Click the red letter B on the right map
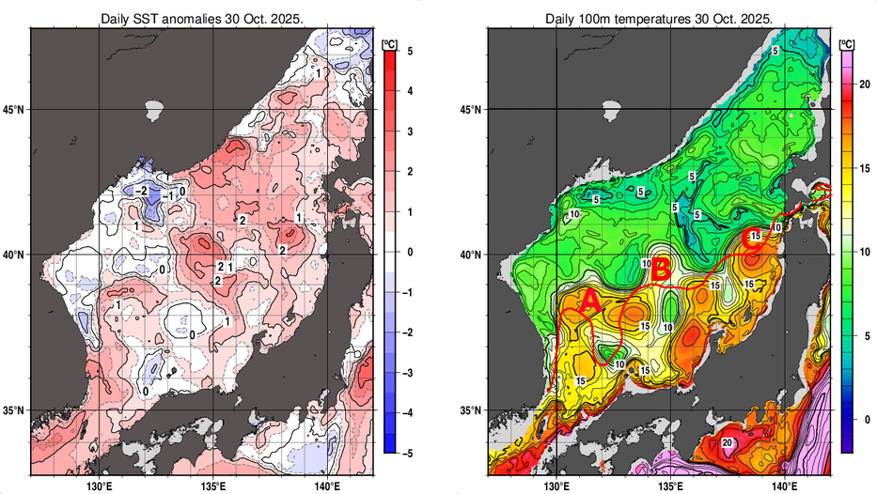[661, 270]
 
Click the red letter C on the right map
[753, 240]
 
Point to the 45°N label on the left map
[14, 109]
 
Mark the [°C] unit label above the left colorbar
[389, 42]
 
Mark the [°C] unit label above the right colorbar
[846, 42]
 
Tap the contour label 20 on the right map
[727, 442]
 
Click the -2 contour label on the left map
[141, 190]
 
